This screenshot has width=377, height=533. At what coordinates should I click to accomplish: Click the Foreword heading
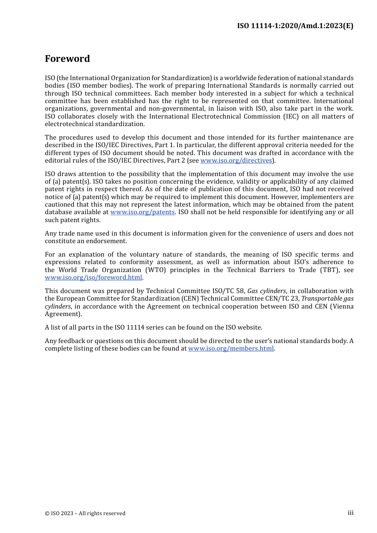(x=67, y=59)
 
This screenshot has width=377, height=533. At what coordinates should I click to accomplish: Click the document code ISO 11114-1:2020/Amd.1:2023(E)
(x=295, y=26)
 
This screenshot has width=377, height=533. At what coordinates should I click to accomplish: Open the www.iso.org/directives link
(x=236, y=161)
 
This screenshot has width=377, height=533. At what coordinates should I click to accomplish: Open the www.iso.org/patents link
(x=142, y=212)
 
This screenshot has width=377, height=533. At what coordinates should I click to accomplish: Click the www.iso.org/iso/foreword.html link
(x=93, y=278)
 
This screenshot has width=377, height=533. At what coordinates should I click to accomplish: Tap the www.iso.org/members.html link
(x=231, y=349)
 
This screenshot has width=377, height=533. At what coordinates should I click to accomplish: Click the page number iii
(x=350, y=513)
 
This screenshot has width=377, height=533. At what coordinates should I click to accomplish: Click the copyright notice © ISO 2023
(x=85, y=514)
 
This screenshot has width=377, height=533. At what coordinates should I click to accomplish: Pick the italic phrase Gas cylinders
(x=266, y=291)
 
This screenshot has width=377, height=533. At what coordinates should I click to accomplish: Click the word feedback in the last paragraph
(x=71, y=341)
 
